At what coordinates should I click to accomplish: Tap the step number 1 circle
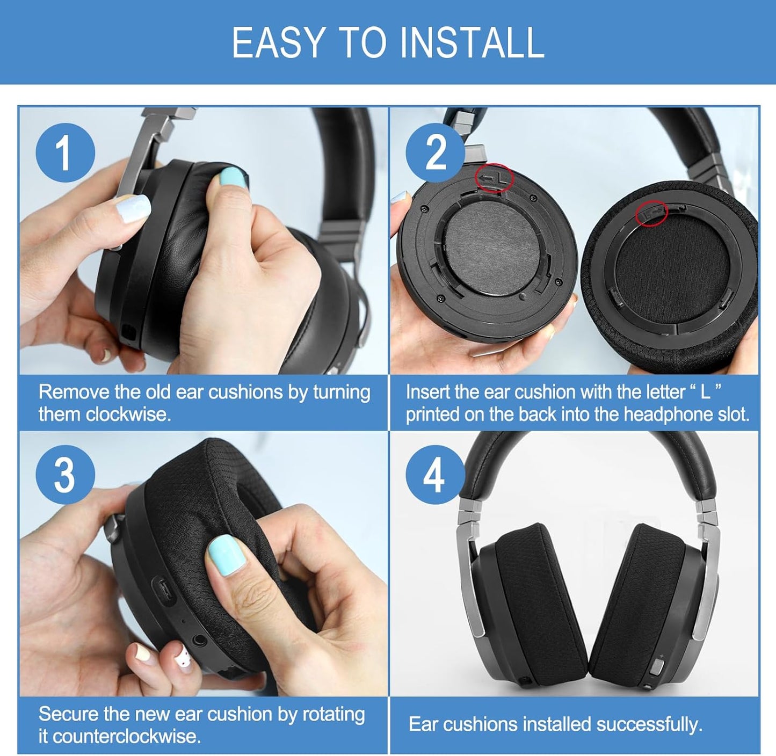tap(65, 152)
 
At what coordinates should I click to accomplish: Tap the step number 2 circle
tap(435, 152)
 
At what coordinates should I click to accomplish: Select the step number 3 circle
tap(65, 475)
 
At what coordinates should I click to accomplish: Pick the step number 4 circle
tap(435, 475)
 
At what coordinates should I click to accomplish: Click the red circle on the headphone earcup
tap(495, 178)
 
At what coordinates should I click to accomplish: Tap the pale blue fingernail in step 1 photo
tap(133, 208)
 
